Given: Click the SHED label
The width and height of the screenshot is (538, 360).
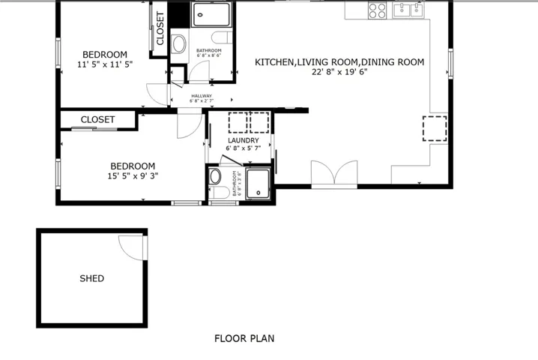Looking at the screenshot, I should coord(91,279).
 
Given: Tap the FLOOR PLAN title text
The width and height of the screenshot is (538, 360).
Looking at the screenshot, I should coord(244,339).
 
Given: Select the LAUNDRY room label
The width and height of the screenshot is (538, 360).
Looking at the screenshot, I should coord(244,140).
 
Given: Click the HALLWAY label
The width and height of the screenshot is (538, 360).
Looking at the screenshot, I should coord(202,96).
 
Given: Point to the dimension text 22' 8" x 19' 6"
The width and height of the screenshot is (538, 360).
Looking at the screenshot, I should coord(339,73).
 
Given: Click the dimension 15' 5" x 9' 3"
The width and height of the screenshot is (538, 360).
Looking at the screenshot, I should coord(133,176).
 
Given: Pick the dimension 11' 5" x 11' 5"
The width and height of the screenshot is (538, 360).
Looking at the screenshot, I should coord(105,64).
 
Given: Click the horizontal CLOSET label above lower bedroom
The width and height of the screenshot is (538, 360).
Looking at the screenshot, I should coord(97,120).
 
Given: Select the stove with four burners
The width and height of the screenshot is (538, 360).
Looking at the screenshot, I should coord(378,10).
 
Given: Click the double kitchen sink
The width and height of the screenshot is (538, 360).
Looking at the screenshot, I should coord(409,10).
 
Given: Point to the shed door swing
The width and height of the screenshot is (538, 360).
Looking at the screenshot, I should coord(133,247).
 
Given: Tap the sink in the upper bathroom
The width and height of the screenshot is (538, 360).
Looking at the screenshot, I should coord(178,44).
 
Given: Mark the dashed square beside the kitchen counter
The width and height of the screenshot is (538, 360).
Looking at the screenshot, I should coord(435,128).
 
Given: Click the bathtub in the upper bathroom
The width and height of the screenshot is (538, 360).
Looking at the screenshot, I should coord(214,15).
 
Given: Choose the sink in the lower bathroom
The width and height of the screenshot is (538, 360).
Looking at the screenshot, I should coord(215,177).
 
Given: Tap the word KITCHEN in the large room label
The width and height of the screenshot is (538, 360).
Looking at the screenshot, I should coord(274,62).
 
